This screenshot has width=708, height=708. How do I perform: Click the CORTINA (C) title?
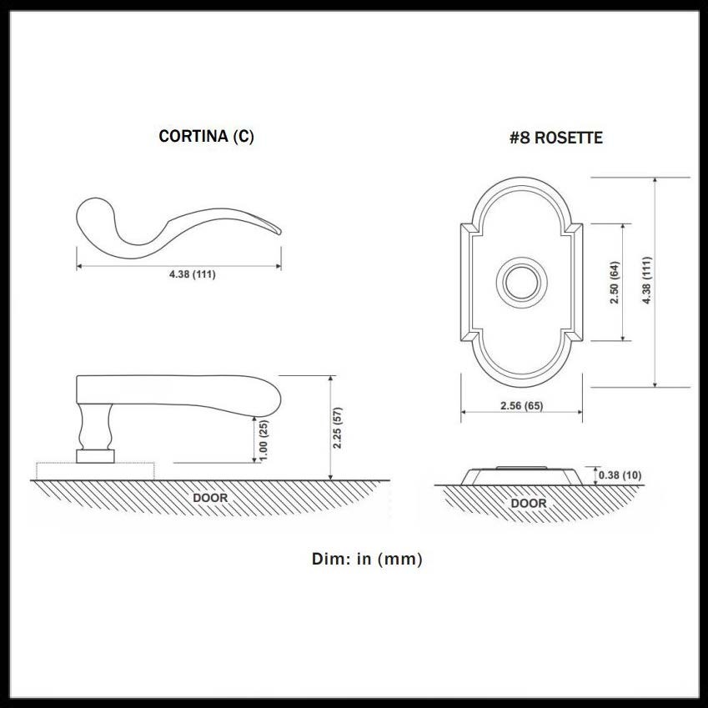coord(206,137)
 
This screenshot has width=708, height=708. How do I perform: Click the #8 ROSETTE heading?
coord(556,138)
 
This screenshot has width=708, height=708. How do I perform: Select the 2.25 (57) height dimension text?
coord(338,428)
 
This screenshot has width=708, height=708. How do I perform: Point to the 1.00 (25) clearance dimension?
coord(264,440)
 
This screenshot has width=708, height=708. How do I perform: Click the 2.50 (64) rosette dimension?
coord(614,283)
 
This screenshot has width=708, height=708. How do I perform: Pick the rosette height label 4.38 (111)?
coord(647,281)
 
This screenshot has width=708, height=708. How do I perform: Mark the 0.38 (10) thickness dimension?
coord(620,475)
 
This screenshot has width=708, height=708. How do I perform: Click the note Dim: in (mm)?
coord(367,559)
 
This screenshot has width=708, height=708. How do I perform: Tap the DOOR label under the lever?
coord(210,498)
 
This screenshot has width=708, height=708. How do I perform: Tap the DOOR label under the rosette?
coord(529,504)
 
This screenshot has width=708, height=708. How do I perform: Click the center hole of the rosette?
coord(519,282)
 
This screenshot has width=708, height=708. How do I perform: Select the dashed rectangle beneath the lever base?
coord(95,471)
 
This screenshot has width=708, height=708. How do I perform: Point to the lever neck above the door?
coord(94,427)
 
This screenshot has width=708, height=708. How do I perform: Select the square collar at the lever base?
coord(94,455)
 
